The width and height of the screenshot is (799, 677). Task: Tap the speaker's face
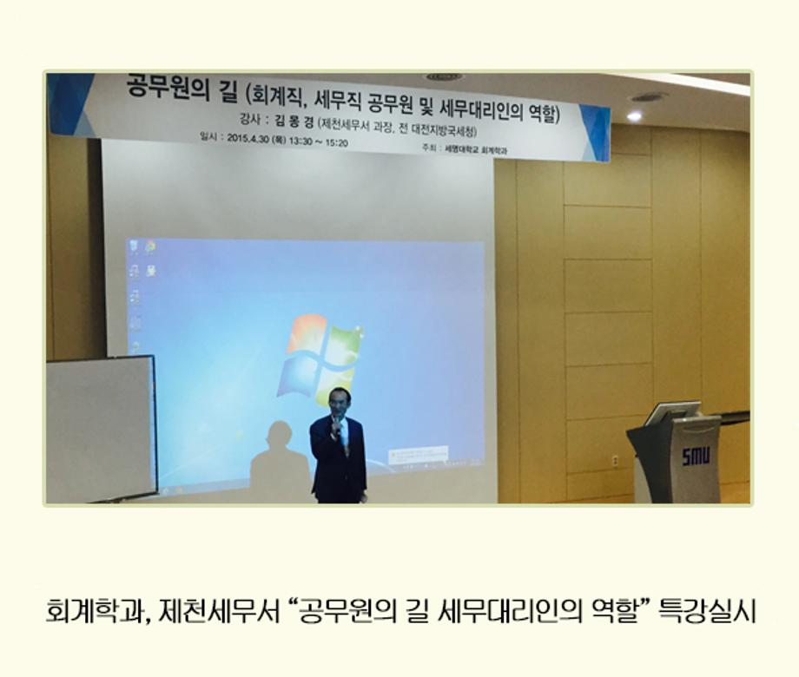point(339,402)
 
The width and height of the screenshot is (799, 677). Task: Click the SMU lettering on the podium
point(695,455)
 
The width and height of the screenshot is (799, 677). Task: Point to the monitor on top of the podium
point(670,413)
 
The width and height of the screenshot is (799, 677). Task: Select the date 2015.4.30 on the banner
point(245,140)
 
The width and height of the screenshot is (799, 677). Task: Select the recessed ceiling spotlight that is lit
point(634,115)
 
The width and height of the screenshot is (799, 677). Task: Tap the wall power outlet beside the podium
point(615,460)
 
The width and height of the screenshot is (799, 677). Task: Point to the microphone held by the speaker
point(334,423)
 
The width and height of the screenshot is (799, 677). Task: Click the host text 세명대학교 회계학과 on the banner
point(474,150)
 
